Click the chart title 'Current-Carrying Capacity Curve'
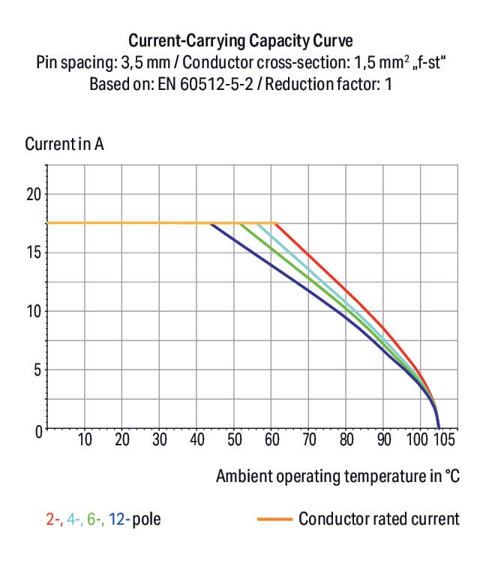click(x=240, y=40)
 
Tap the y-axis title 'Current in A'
click(x=64, y=144)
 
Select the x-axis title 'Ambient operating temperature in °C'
click(x=337, y=476)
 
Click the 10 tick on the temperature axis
click(x=85, y=439)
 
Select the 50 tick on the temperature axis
click(x=234, y=439)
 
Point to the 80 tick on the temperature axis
click(x=346, y=439)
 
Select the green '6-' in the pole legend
click(x=94, y=519)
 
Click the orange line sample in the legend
click(x=274, y=519)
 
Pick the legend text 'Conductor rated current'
click(x=379, y=519)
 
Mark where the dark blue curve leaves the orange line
click(x=211, y=223)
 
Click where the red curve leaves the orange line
click(x=277, y=223)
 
